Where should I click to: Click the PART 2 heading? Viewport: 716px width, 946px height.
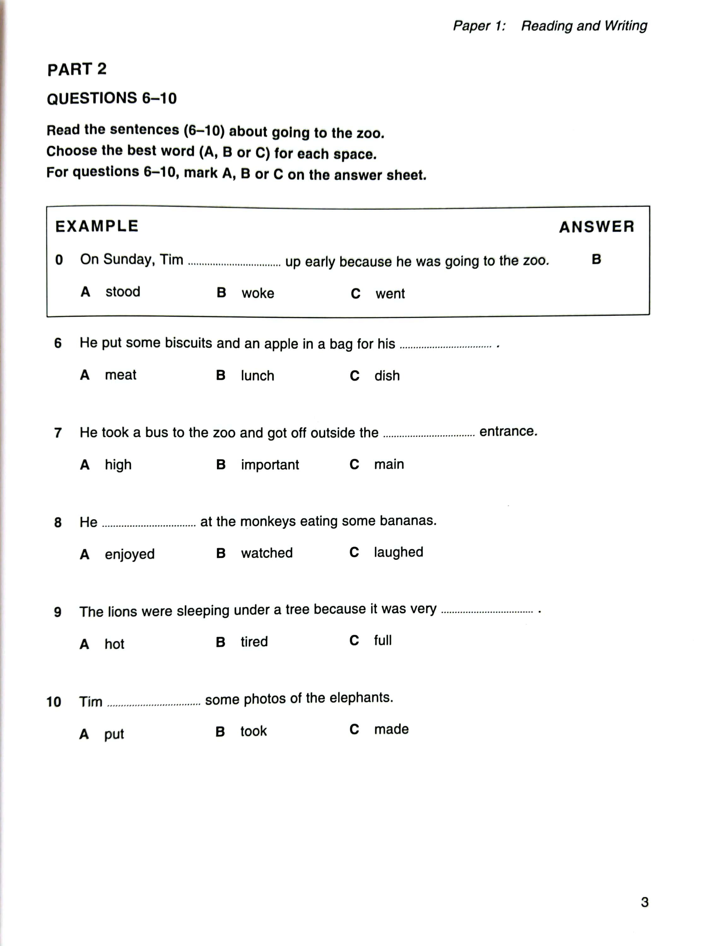77,69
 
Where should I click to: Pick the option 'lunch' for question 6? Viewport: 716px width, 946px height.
257,376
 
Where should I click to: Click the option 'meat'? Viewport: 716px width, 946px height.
120,375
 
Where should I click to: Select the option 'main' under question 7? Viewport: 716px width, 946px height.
389,464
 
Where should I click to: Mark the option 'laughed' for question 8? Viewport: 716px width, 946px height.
398,552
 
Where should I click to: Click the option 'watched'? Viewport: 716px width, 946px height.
267,553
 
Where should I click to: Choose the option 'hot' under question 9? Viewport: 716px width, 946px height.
114,644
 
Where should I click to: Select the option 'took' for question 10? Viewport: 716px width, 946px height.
253,731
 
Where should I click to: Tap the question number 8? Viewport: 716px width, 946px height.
58,522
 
